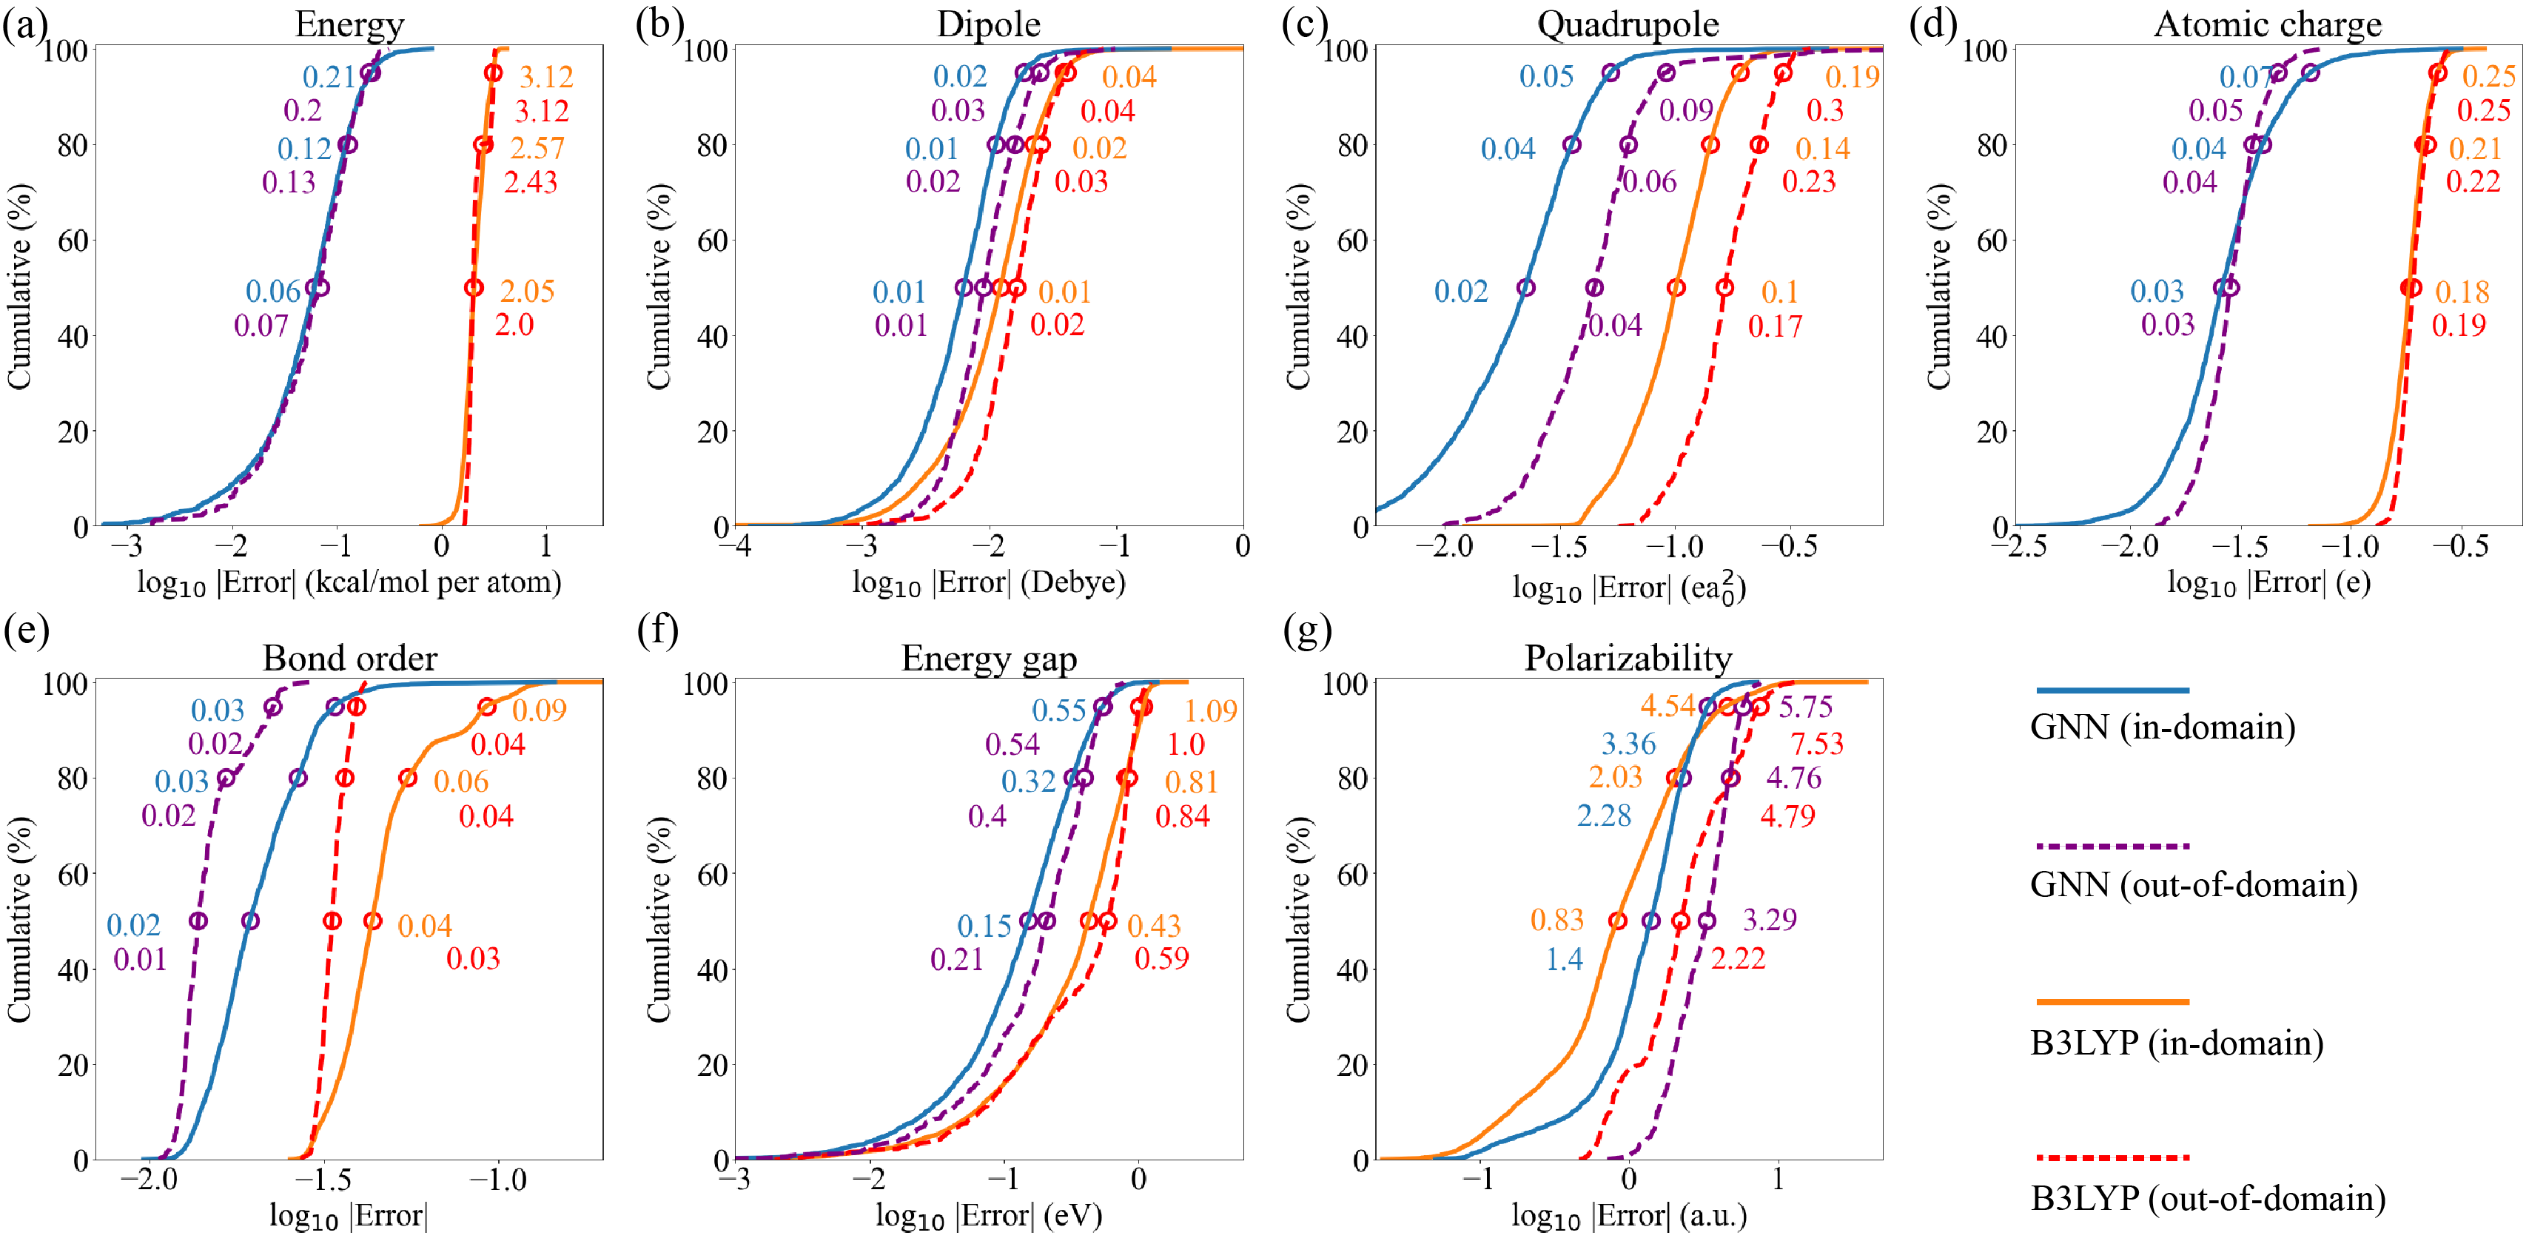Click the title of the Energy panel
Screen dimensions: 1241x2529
coord(349,24)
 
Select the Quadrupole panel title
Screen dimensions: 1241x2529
coord(1628,24)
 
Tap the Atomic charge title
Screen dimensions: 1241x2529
coord(2268,24)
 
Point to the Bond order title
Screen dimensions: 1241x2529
coord(349,657)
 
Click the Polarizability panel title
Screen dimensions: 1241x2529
coord(1628,657)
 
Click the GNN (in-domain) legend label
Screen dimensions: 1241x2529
coord(2163,727)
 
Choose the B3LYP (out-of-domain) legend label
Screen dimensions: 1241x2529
coord(2208,1198)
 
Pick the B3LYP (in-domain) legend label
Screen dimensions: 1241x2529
coord(2177,1042)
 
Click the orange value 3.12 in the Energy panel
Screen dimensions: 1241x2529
coord(546,76)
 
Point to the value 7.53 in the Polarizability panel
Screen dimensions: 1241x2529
coord(1816,743)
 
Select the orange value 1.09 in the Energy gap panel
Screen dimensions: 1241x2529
coord(1211,710)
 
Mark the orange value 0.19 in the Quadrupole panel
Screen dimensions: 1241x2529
coord(1853,76)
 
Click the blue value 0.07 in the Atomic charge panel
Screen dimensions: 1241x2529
coord(2246,76)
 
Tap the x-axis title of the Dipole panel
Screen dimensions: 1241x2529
coord(989,582)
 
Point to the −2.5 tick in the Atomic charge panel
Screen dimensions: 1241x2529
coord(2024,546)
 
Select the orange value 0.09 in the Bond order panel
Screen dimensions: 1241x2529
coord(539,710)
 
